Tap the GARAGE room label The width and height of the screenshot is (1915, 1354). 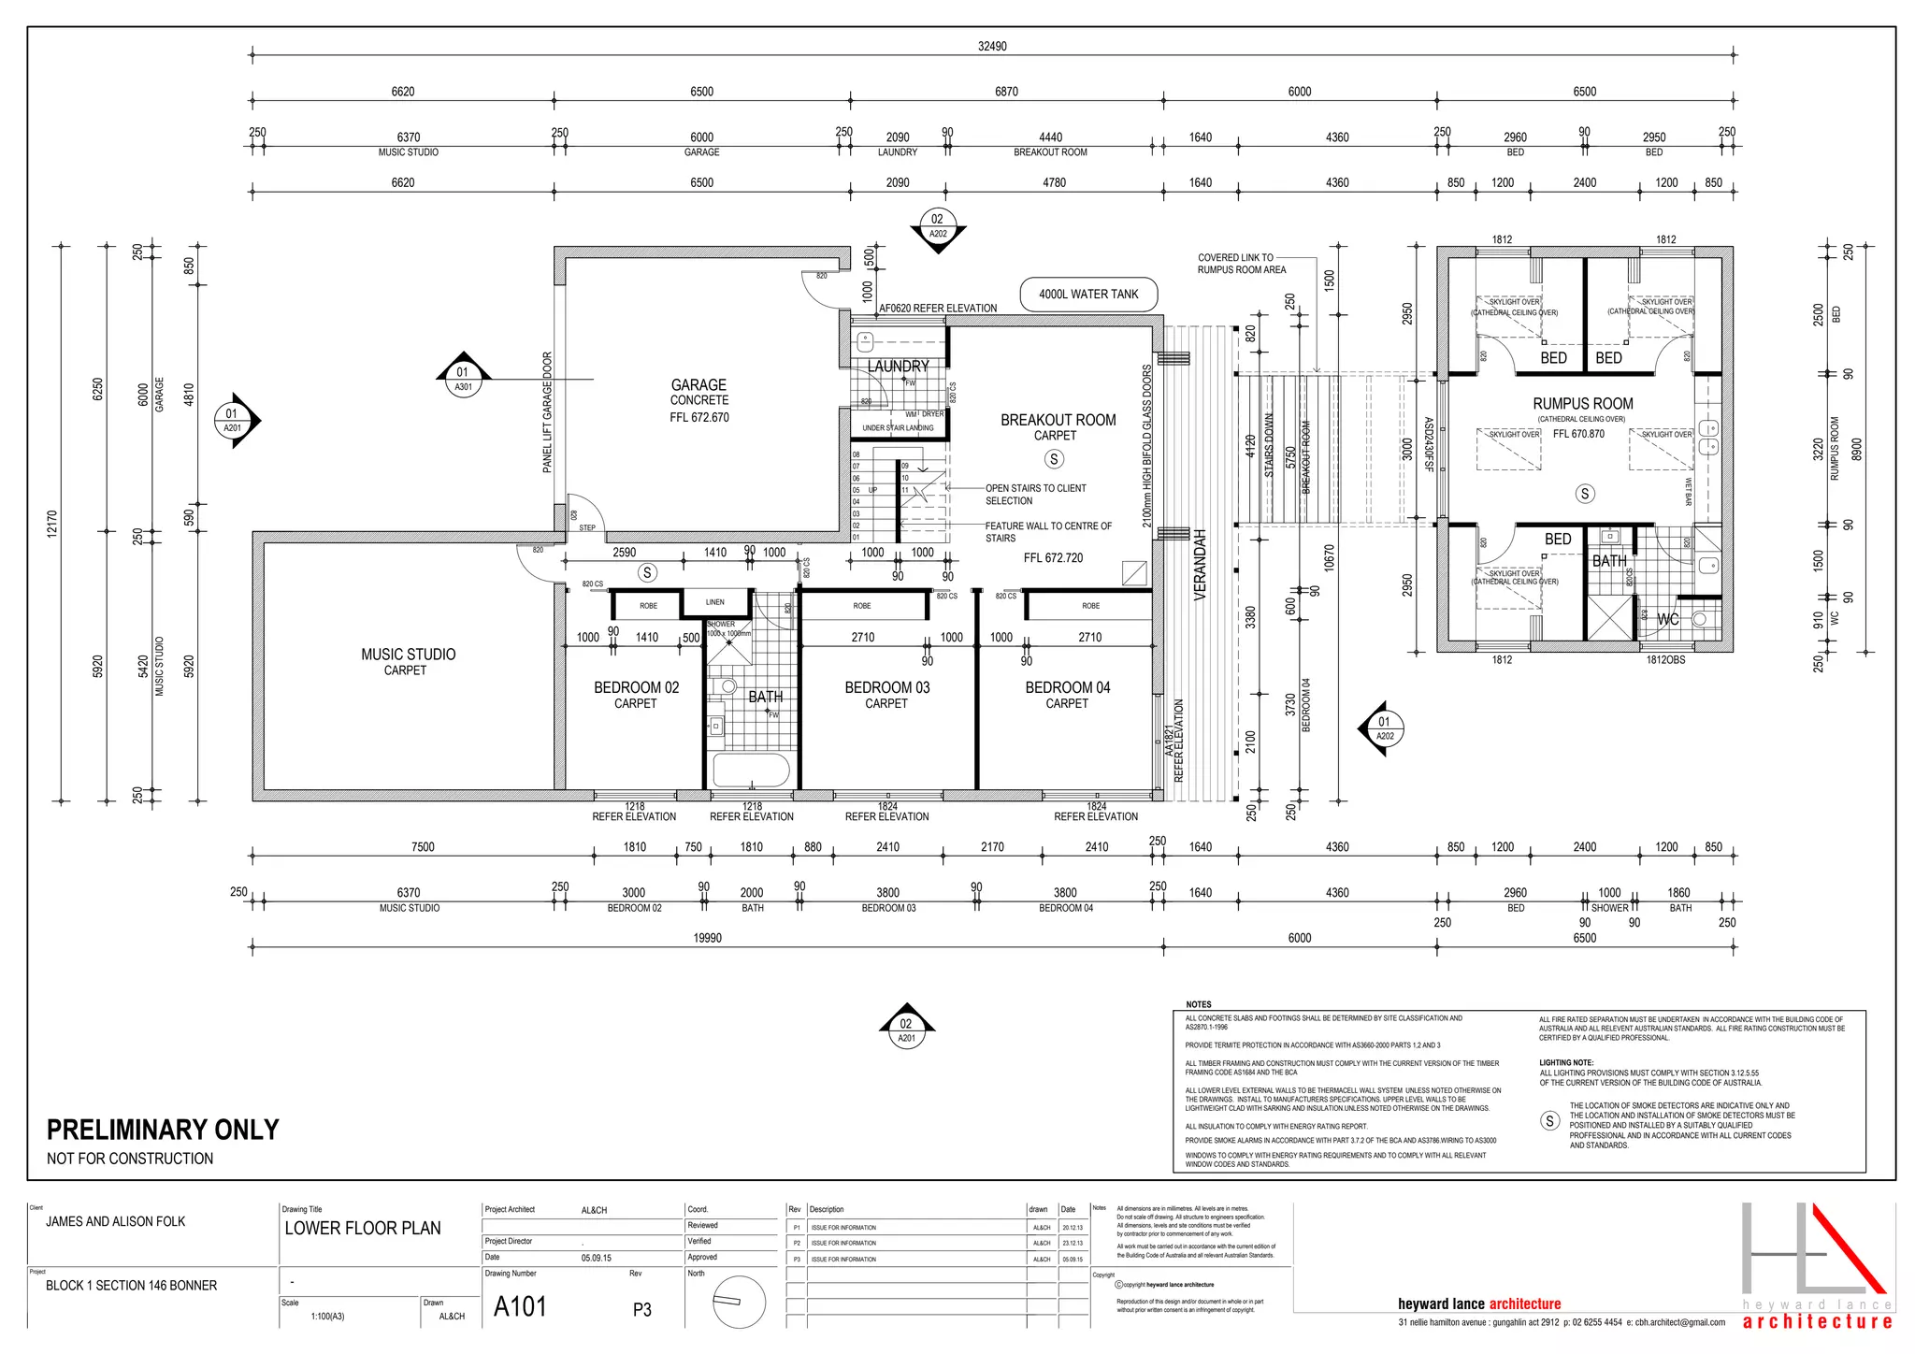coord(698,385)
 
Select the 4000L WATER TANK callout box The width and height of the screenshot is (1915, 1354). coord(1088,294)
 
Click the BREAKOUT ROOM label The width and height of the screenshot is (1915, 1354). coord(1058,421)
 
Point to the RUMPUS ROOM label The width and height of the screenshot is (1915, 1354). coord(1582,404)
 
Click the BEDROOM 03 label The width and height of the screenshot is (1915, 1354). coord(886,688)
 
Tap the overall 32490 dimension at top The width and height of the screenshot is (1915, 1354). coord(991,46)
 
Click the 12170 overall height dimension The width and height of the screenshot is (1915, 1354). coord(52,524)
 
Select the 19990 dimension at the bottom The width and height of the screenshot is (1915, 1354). coord(707,938)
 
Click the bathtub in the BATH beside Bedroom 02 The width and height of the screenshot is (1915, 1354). coord(751,771)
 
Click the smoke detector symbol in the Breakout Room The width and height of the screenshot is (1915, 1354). coord(1054,459)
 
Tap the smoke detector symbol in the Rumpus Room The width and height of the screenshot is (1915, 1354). coord(1584,494)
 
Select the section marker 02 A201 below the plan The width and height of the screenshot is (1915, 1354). coord(906,1030)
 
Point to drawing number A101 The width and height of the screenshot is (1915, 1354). coord(520,1306)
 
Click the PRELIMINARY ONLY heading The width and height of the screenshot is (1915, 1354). coord(163,1130)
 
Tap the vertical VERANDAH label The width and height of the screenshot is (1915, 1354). coord(1201,565)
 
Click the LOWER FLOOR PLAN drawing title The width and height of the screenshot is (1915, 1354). coord(363,1229)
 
